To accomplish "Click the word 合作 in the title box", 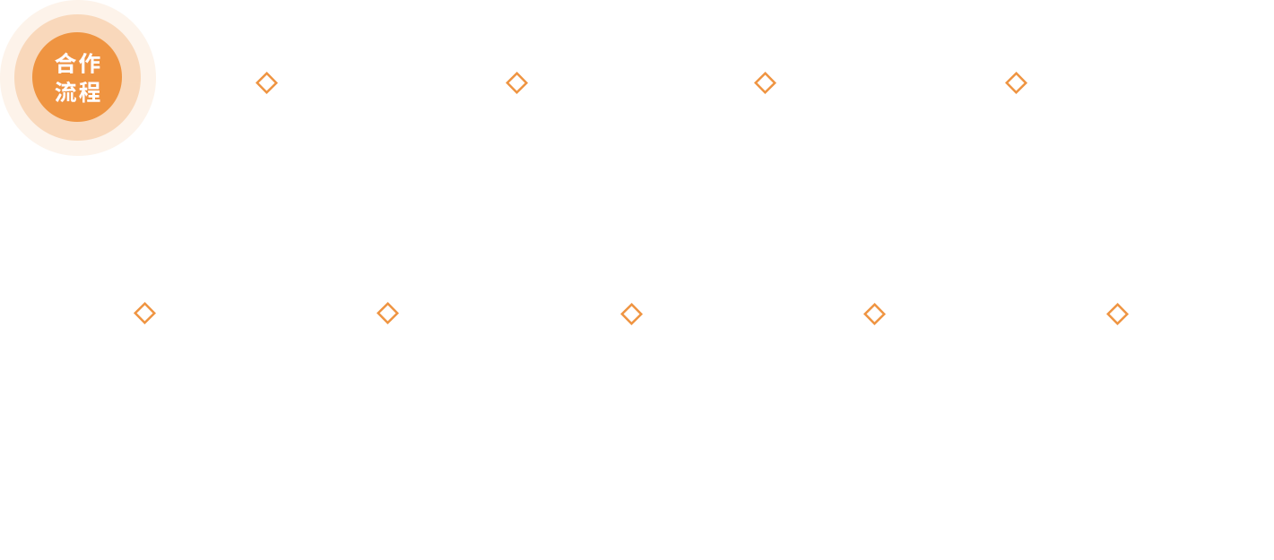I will pos(78,64).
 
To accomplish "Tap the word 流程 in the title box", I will pos(78,92).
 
